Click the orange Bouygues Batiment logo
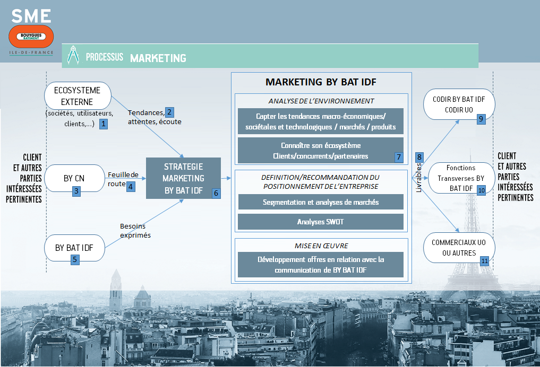(31, 37)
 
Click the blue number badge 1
(103, 124)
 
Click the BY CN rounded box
(74, 178)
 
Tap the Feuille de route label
(123, 179)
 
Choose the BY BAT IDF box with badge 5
(74, 248)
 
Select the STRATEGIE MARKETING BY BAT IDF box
(183, 178)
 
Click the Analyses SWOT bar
(320, 222)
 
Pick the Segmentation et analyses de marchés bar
(320, 202)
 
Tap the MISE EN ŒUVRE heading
(320, 246)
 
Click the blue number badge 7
(398, 157)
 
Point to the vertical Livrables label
(419, 174)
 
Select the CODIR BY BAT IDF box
(459, 104)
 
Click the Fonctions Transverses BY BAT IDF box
(460, 178)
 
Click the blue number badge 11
(484, 260)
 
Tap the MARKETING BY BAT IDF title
(321, 82)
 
